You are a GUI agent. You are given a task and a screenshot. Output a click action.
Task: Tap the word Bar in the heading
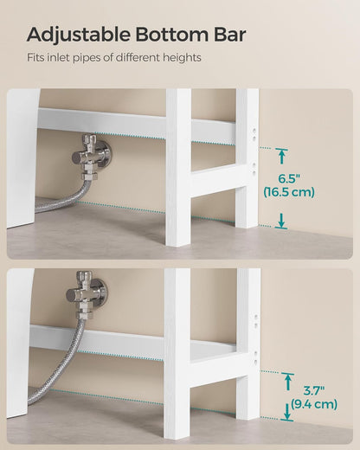[x=228, y=35]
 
